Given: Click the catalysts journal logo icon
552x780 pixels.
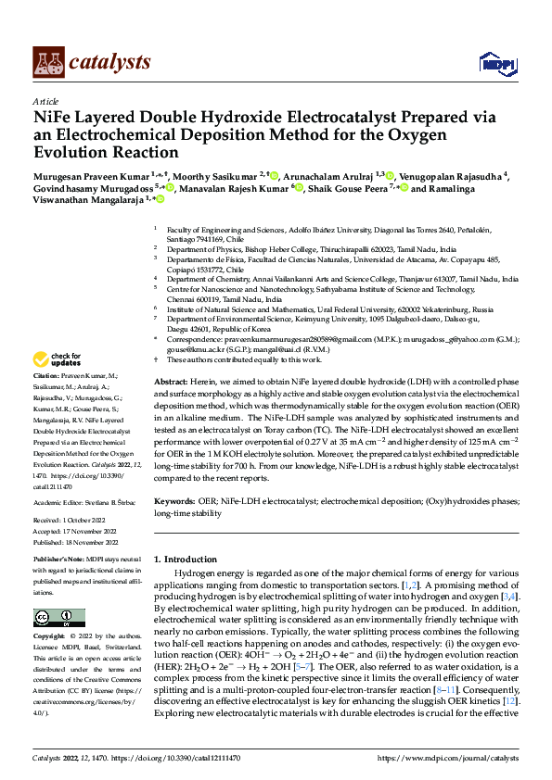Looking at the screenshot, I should (x=47, y=61).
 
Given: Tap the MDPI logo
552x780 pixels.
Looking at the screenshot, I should (x=495, y=62).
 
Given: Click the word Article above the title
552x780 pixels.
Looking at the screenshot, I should (x=45, y=101).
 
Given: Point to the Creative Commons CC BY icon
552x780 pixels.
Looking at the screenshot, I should (x=59, y=618).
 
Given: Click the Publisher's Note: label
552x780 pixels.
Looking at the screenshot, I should (x=58, y=562).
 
